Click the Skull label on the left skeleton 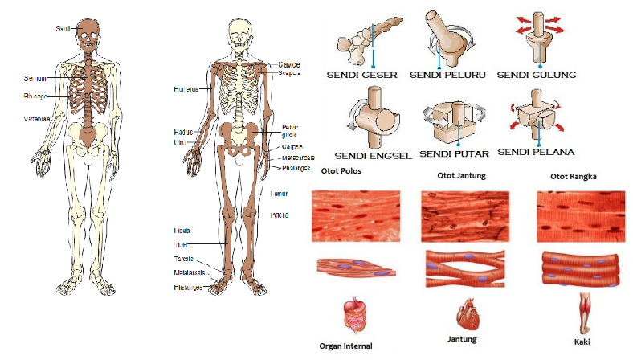pyautogui.click(x=63, y=29)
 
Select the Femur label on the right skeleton pyautogui.click(x=280, y=194)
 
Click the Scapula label pyautogui.click(x=290, y=72)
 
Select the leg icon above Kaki pyautogui.click(x=588, y=311)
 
